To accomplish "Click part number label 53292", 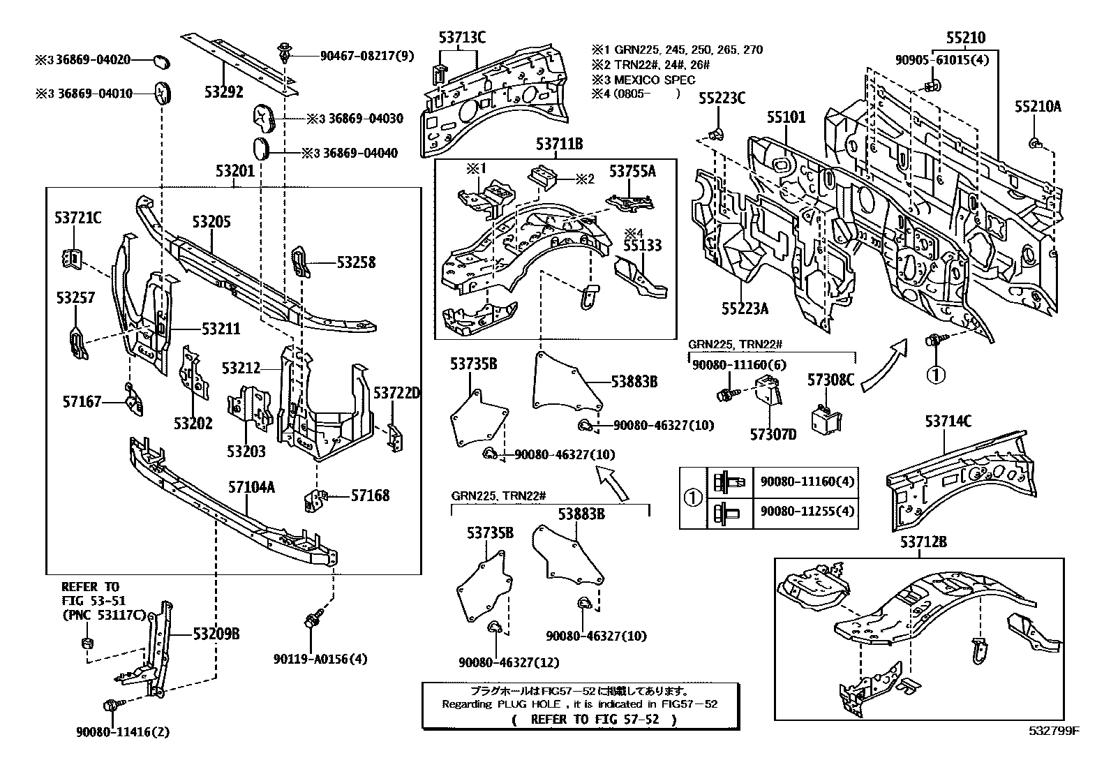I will pyautogui.click(x=223, y=91).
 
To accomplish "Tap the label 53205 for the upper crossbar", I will pyautogui.click(x=211, y=223).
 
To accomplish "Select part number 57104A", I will pyautogui.click(x=251, y=487).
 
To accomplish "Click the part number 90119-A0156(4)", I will pyautogui.click(x=320, y=658).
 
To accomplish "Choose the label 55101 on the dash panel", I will pyautogui.click(x=786, y=117).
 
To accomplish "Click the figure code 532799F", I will pyautogui.click(x=1053, y=731).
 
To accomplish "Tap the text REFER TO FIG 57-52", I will pyautogui.click(x=594, y=719).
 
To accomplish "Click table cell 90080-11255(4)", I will pyautogui.click(x=807, y=511).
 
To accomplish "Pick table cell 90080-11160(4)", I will pyautogui.click(x=807, y=482).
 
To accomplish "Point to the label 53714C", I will pyautogui.click(x=948, y=422).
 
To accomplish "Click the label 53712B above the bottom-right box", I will pyautogui.click(x=918, y=542).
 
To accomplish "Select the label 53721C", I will pyautogui.click(x=77, y=218).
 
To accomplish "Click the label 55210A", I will pyautogui.click(x=1038, y=106).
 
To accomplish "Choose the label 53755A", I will pyautogui.click(x=632, y=170).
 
